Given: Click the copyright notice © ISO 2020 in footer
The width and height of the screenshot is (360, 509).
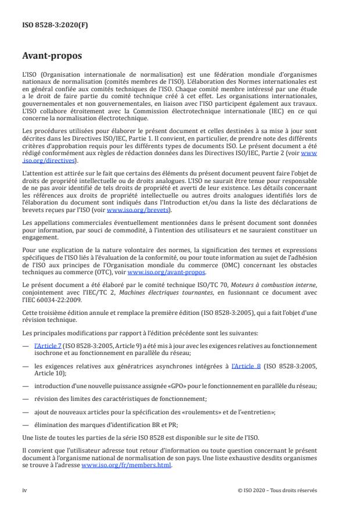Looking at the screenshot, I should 278,490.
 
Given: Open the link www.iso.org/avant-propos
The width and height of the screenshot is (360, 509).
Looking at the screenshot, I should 166,272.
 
